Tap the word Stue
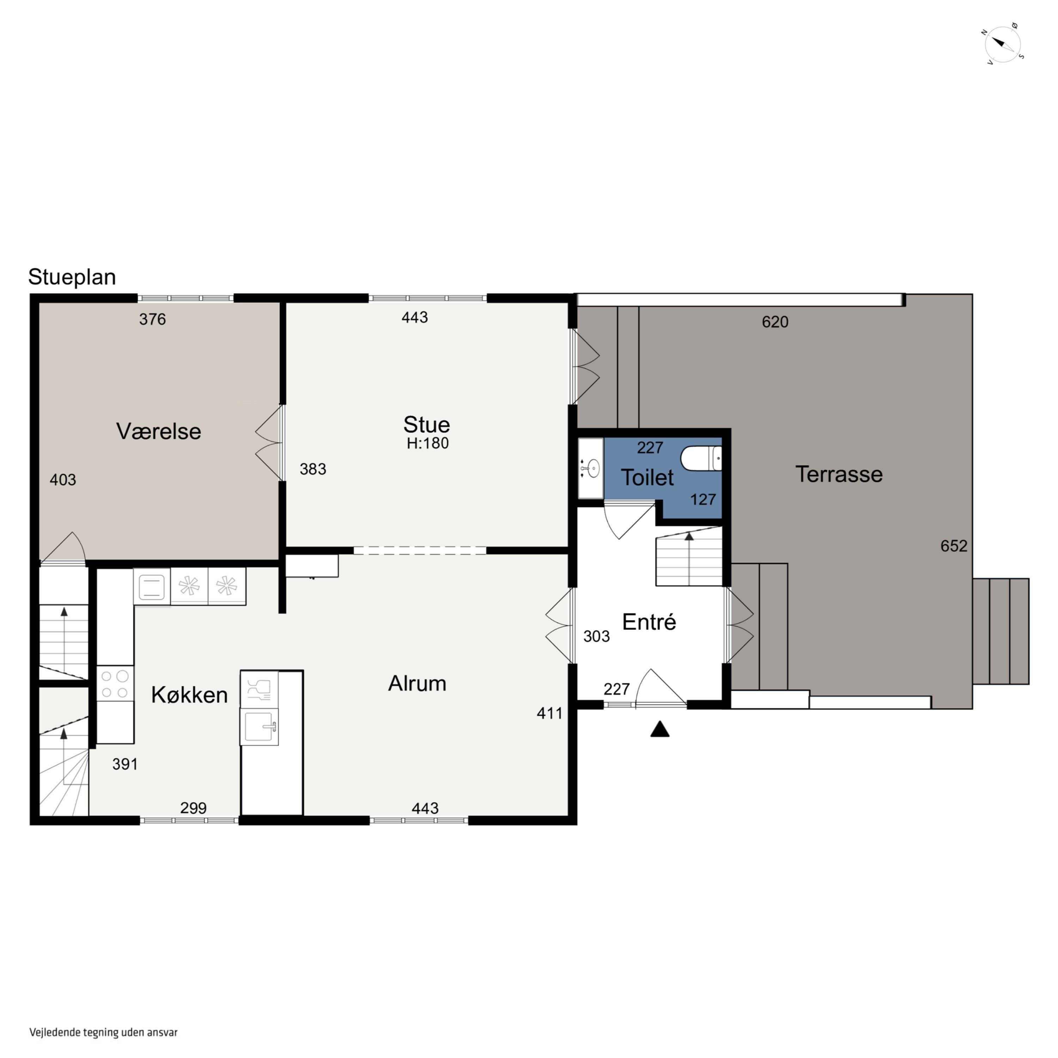point(427,424)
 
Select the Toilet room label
point(647,478)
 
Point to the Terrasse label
point(839,474)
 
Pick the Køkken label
point(189,694)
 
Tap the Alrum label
point(417,683)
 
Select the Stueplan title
point(72,277)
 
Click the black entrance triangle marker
point(660,729)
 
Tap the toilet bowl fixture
point(701,458)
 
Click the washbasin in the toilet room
point(591,468)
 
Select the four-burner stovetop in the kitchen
point(115,683)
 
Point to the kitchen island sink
point(259,727)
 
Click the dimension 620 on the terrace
point(775,322)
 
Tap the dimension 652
point(954,546)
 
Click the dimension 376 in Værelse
point(152,319)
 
